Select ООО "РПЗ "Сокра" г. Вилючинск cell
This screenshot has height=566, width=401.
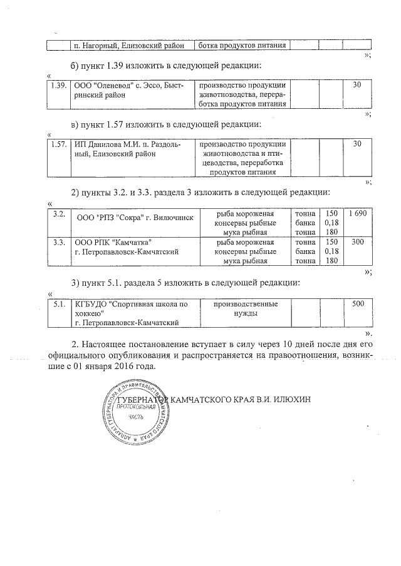(134, 218)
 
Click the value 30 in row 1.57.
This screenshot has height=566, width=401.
(358, 144)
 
